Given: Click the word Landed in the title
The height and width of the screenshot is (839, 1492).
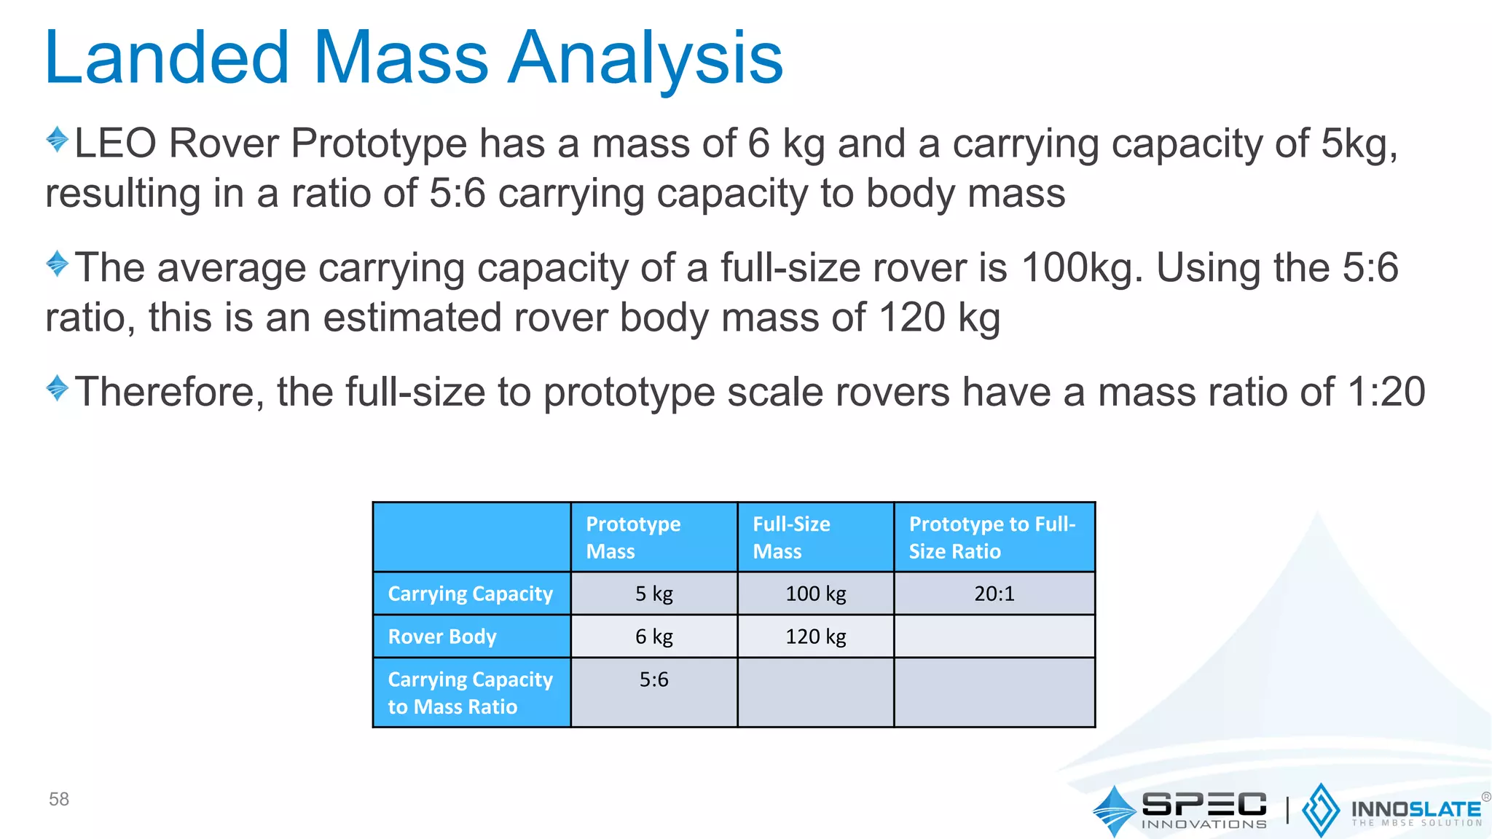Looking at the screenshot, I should click(x=168, y=58).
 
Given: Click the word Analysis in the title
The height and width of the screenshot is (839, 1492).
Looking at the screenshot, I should click(x=645, y=58).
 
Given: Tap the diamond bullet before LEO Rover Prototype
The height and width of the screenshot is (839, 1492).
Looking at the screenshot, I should click(x=57, y=139).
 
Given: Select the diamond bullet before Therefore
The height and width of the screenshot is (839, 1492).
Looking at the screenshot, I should click(x=57, y=387).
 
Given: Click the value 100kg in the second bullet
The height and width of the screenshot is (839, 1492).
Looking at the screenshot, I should click(x=1077, y=267).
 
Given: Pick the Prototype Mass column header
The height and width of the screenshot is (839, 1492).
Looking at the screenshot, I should click(x=633, y=537).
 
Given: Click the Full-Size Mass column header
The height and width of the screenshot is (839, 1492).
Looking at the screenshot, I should click(x=791, y=537).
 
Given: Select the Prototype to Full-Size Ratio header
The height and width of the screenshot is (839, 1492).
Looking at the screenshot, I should click(x=992, y=537).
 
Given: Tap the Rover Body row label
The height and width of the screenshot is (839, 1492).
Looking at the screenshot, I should click(x=442, y=637).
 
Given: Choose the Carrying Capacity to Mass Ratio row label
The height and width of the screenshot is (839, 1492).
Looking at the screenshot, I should click(x=470, y=693).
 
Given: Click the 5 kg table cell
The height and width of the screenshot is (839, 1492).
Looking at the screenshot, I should click(x=653, y=594).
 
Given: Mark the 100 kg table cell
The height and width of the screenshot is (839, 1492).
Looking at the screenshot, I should click(x=815, y=594).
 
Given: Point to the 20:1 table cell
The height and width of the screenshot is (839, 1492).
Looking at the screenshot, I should click(x=994, y=594).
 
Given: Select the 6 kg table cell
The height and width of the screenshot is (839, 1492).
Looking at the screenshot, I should click(x=653, y=637).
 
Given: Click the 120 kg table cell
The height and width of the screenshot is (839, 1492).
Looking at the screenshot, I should click(x=815, y=637).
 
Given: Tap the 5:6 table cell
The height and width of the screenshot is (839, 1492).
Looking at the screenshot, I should click(x=653, y=680).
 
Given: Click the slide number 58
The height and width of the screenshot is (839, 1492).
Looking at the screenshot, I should click(x=59, y=799).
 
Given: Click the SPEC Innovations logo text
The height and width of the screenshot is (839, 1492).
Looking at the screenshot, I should click(x=1204, y=809).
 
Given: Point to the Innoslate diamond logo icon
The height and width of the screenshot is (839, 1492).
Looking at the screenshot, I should click(x=1320, y=810).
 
